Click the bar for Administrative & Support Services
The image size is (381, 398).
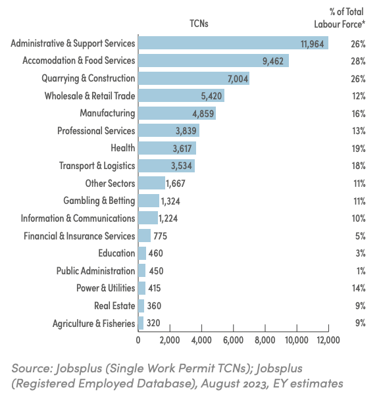[233, 43]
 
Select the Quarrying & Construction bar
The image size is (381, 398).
[194, 78]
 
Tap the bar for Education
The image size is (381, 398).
[142, 253]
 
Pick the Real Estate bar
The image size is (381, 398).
[141, 306]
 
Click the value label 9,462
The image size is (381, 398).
[273, 61]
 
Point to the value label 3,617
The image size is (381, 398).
[182, 149]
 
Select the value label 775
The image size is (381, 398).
[160, 236]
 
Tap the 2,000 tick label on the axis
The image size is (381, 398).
[170, 340]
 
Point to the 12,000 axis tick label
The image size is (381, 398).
[328, 340]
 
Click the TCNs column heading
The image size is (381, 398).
[199, 24]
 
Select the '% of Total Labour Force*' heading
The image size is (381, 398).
[340, 18]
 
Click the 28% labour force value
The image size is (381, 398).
[358, 61]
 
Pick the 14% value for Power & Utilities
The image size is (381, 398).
[359, 288]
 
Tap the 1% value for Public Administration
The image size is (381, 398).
[361, 271]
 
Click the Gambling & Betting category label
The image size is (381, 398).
[99, 201]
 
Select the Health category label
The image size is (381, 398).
[123, 148]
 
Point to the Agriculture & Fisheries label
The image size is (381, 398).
[94, 324]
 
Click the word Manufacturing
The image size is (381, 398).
[107, 113]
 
